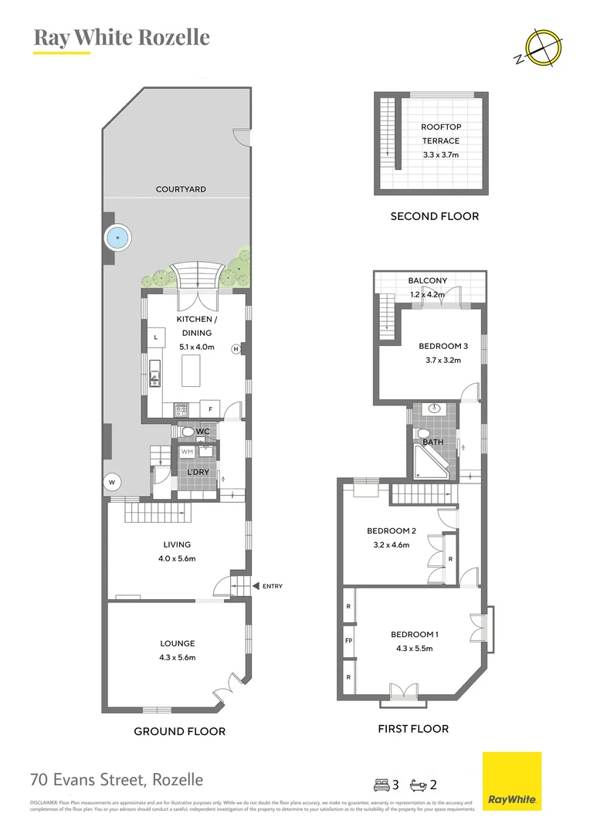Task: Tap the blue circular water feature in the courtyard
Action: click(117, 237)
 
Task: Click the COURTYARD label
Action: click(181, 189)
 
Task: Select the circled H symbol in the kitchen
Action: click(236, 349)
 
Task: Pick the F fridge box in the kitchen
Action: click(210, 407)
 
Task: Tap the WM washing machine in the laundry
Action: click(187, 452)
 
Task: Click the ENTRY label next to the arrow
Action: click(272, 586)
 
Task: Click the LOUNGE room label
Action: click(177, 643)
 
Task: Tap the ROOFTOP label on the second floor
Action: click(440, 127)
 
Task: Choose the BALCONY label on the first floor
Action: click(427, 281)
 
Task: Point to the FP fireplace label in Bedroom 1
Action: click(348, 641)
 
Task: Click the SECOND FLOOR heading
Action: click(434, 216)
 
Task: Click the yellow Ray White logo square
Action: click(511, 781)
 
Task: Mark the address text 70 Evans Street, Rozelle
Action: click(117, 780)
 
